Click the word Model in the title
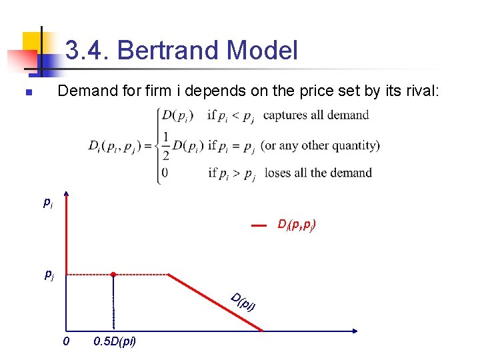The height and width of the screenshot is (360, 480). (x=262, y=51)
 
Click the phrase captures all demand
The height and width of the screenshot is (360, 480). (x=316, y=115)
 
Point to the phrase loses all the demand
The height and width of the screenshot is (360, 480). (x=318, y=173)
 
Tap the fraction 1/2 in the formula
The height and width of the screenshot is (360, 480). (x=165, y=147)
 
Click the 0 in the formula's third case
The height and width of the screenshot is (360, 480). (x=165, y=173)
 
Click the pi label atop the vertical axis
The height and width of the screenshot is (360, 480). (x=47, y=202)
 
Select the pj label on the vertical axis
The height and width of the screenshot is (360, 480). (x=49, y=274)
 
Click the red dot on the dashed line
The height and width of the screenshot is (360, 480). (x=113, y=274)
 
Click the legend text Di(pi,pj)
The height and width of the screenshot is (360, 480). (x=297, y=225)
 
